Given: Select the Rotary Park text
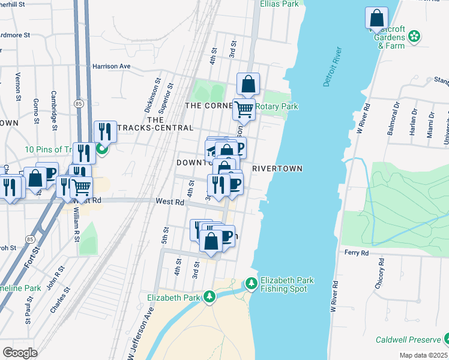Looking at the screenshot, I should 277,107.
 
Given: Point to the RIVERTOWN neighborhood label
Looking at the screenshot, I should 277,169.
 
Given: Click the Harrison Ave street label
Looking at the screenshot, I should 111,67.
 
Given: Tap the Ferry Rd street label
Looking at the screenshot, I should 356,253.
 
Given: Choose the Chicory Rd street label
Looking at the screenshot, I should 379,277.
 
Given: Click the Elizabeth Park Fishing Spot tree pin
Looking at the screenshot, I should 252,283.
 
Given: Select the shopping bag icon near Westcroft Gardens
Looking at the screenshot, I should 376,18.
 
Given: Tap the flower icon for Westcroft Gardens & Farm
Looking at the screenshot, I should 414,37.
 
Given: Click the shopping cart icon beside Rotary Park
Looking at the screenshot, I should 244,109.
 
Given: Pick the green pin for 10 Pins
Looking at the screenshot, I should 102,149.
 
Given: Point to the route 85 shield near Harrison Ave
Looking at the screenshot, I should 79,103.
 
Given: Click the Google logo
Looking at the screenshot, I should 20,352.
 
